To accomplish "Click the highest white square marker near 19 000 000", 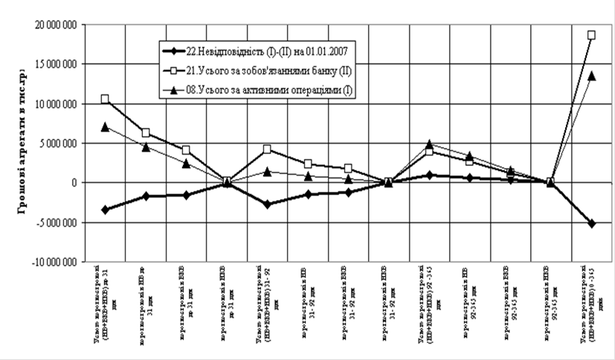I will coord(591,35).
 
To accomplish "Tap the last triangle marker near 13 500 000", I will coord(591,76).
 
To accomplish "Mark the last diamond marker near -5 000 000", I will coord(591,223).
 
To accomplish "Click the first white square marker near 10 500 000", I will coord(105,99).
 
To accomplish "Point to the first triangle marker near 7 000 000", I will coord(105,127).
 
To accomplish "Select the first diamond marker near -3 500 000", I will coord(105,210).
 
